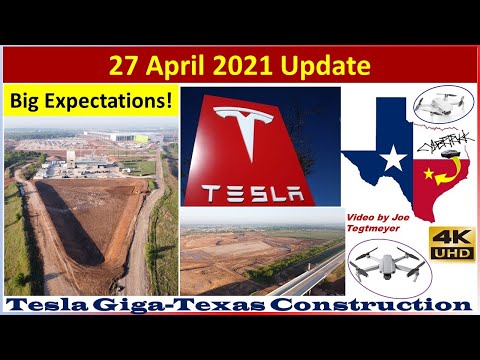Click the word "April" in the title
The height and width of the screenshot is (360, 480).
[x=199, y=67]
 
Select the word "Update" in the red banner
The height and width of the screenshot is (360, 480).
[x=334, y=67]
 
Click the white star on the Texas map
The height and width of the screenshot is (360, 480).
[x=395, y=157]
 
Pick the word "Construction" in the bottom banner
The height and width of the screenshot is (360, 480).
[x=377, y=304]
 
